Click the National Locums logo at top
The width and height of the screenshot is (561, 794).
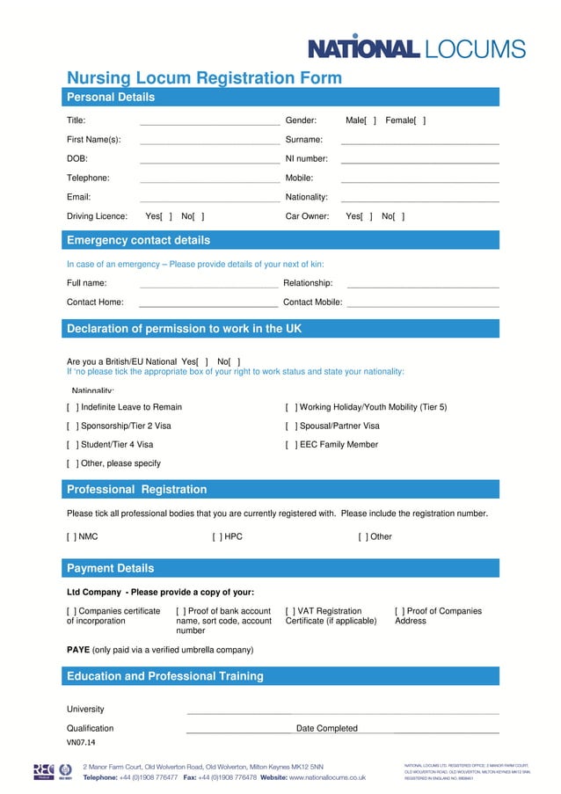coord(416,49)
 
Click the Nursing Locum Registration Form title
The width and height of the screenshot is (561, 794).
coord(204,78)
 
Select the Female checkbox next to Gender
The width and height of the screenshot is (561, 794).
coord(420,120)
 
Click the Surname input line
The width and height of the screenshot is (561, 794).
coord(419,141)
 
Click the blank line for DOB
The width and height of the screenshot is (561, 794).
coord(208,160)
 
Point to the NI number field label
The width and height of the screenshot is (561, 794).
coord(306,159)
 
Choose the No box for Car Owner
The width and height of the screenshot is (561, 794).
coord(400,216)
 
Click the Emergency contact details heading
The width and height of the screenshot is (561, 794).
coord(138,240)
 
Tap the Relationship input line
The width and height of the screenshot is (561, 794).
coord(422,285)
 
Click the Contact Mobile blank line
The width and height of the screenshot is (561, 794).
coord(422,303)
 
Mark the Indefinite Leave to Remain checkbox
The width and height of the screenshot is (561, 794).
coord(72,407)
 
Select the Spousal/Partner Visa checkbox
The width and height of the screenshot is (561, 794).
coord(290,426)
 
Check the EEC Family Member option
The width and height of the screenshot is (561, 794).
coord(290,445)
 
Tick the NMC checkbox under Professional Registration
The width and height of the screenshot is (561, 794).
coord(71,536)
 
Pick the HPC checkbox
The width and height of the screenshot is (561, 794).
coord(216,536)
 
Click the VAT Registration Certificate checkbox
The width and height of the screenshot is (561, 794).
coord(290,611)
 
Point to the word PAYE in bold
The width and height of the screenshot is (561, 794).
coord(77,650)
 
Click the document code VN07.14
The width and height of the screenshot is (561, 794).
coord(81,743)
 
